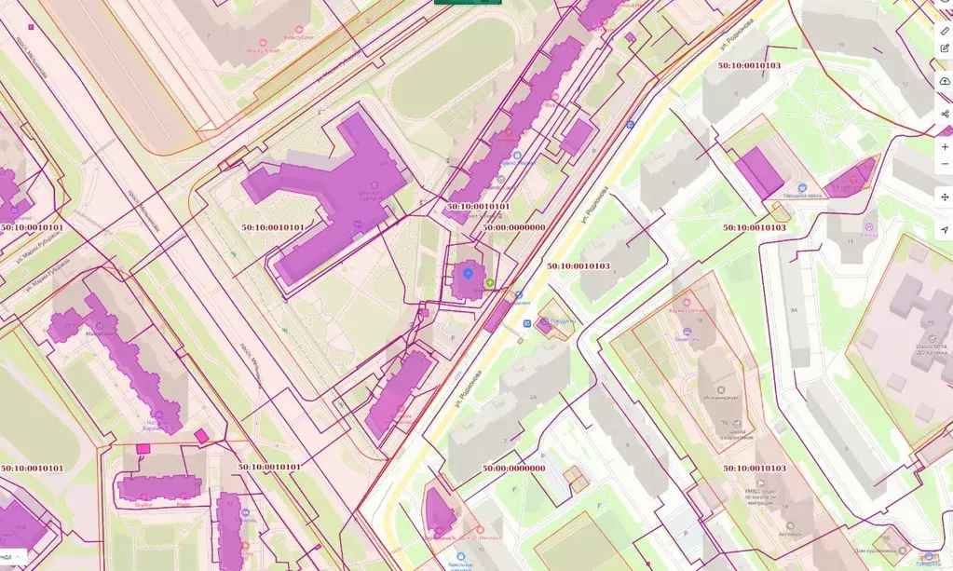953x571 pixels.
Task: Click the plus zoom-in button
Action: (945, 147)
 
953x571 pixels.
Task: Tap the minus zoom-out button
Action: (945, 164)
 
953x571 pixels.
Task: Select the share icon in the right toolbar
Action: (945, 114)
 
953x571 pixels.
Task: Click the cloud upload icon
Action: (945, 82)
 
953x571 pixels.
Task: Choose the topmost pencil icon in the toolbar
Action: (945, 31)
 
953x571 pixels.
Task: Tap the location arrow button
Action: (945, 229)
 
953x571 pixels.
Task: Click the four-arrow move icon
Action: (945, 197)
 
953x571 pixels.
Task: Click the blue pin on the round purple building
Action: (468, 274)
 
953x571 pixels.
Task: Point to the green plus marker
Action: (489, 281)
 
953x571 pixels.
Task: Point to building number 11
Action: (850, 241)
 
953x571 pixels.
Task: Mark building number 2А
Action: (533, 398)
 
